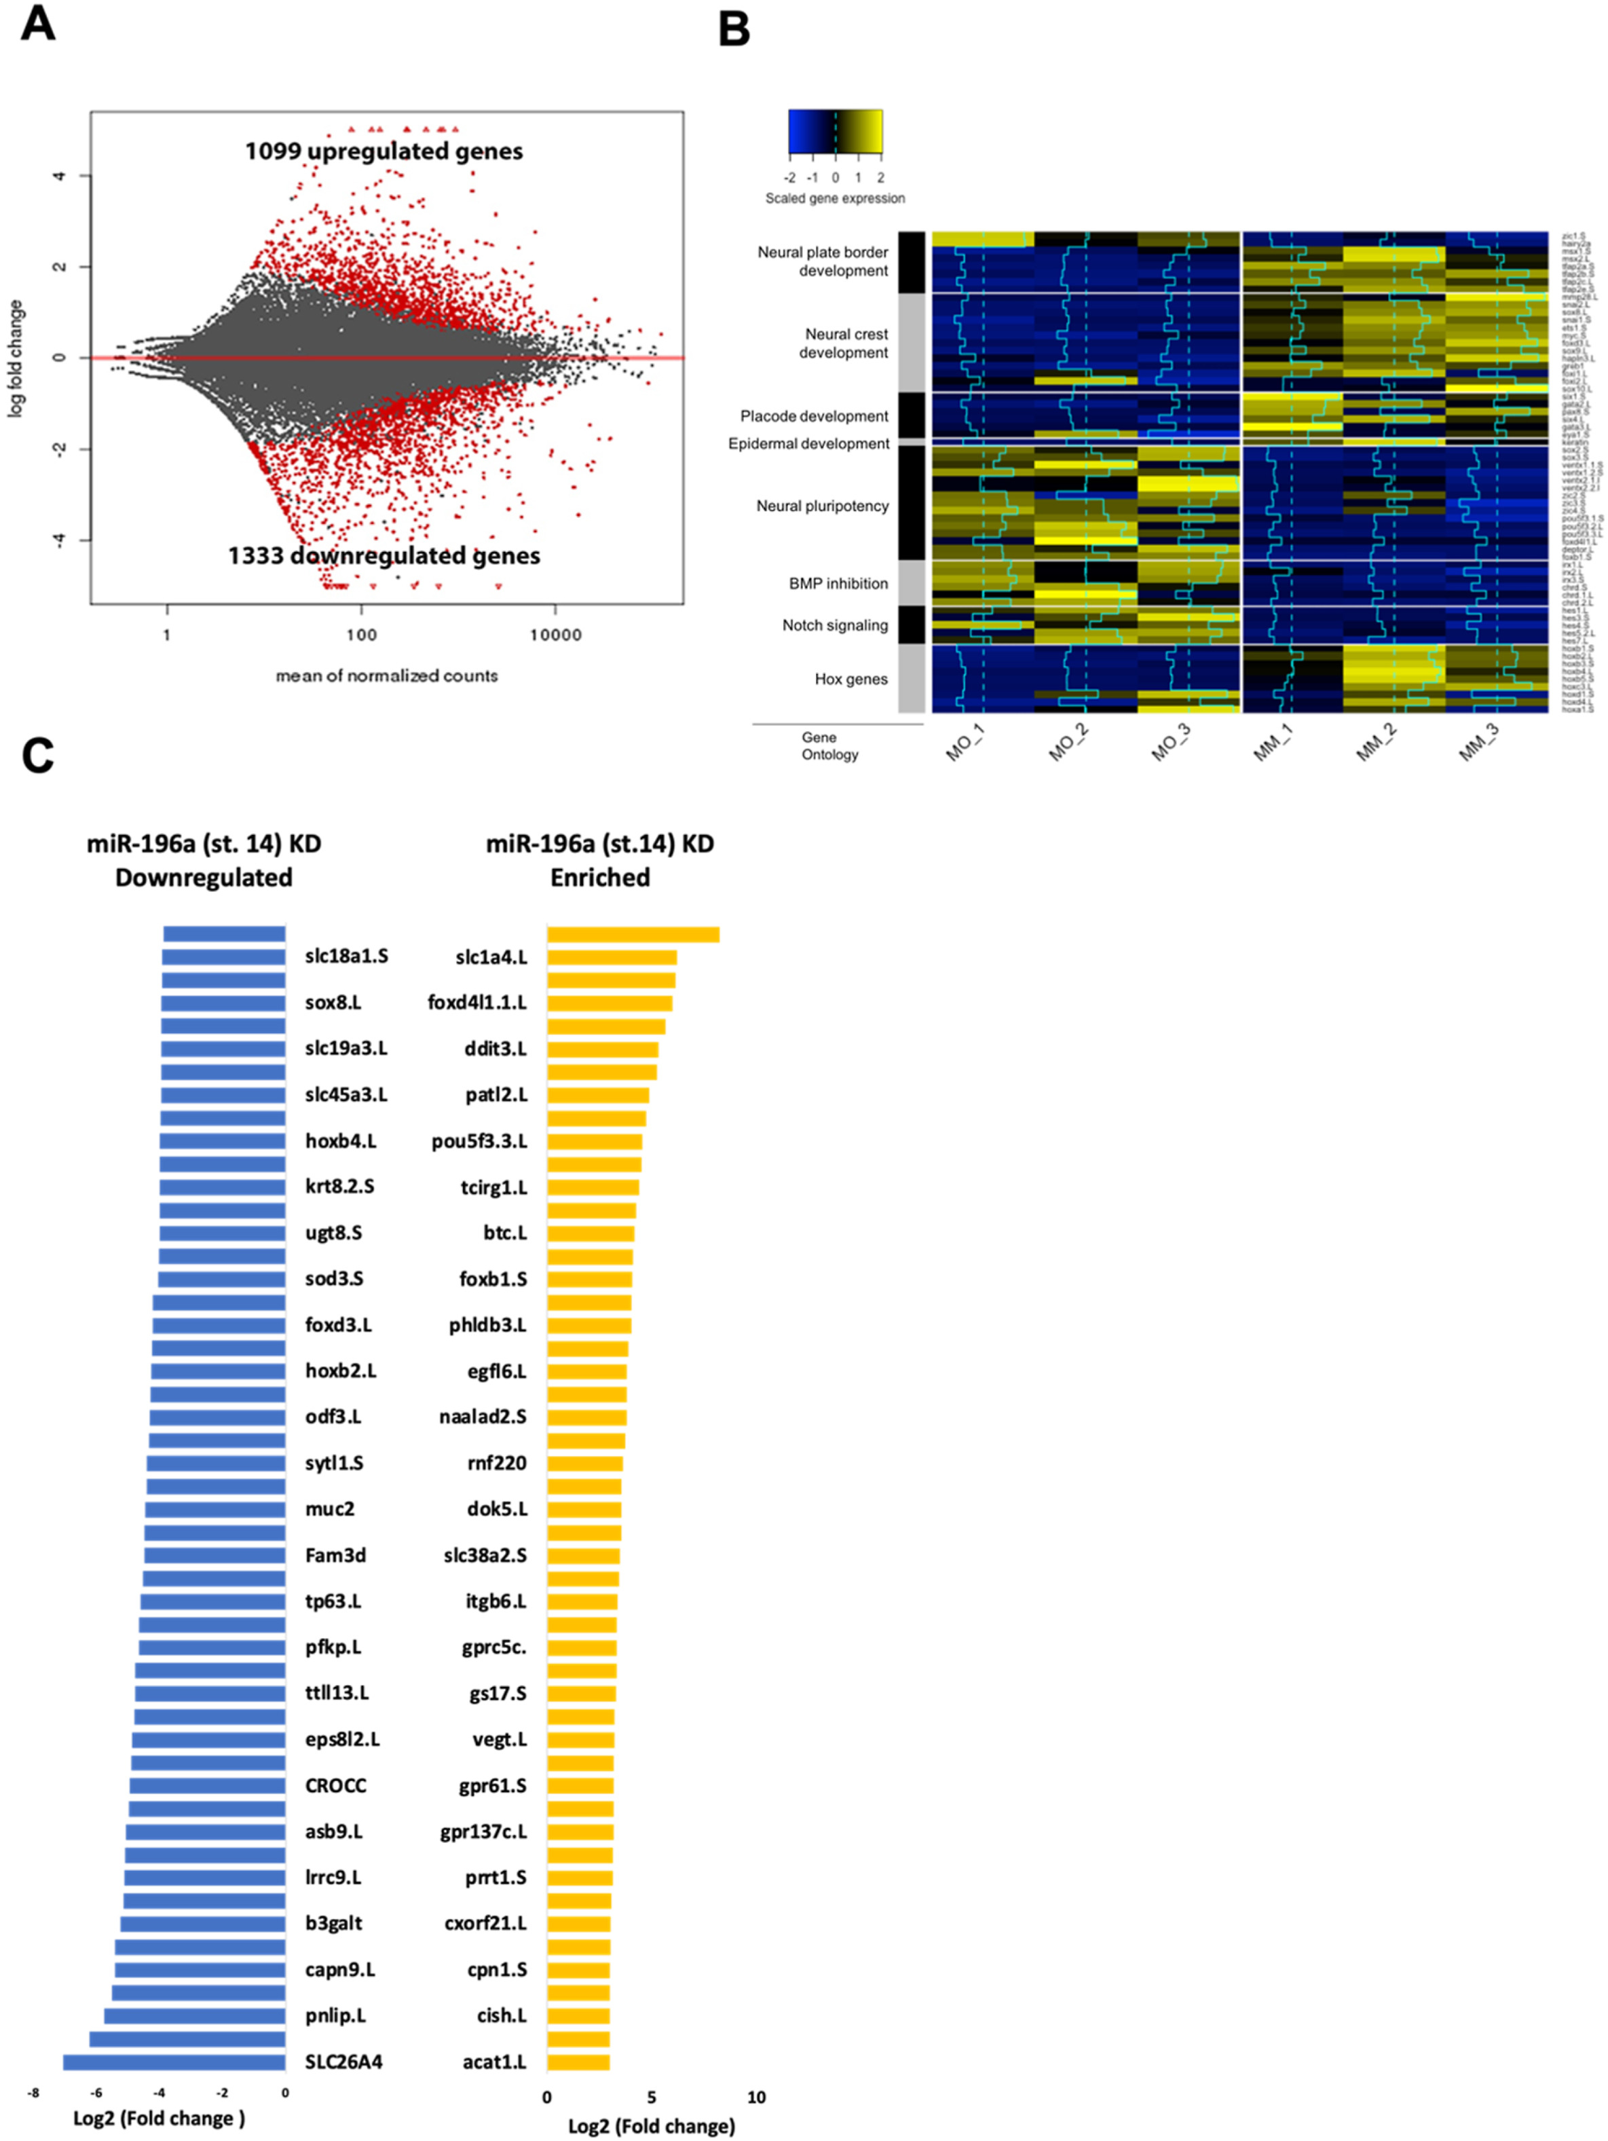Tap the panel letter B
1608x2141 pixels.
click(734, 29)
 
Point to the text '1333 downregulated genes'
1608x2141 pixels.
click(384, 555)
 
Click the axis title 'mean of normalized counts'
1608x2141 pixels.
click(386, 675)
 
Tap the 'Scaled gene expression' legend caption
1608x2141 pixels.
click(834, 198)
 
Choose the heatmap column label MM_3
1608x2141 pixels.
click(1478, 743)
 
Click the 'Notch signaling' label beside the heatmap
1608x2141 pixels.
click(834, 625)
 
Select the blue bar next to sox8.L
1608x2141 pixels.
click(223, 1003)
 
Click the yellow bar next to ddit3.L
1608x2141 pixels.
click(602, 1049)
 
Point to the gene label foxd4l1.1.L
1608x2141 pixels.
click(477, 1003)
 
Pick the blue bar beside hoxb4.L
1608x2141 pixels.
click(223, 1141)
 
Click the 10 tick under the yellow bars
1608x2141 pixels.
click(756, 2098)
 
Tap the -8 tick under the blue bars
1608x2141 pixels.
click(34, 2093)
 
